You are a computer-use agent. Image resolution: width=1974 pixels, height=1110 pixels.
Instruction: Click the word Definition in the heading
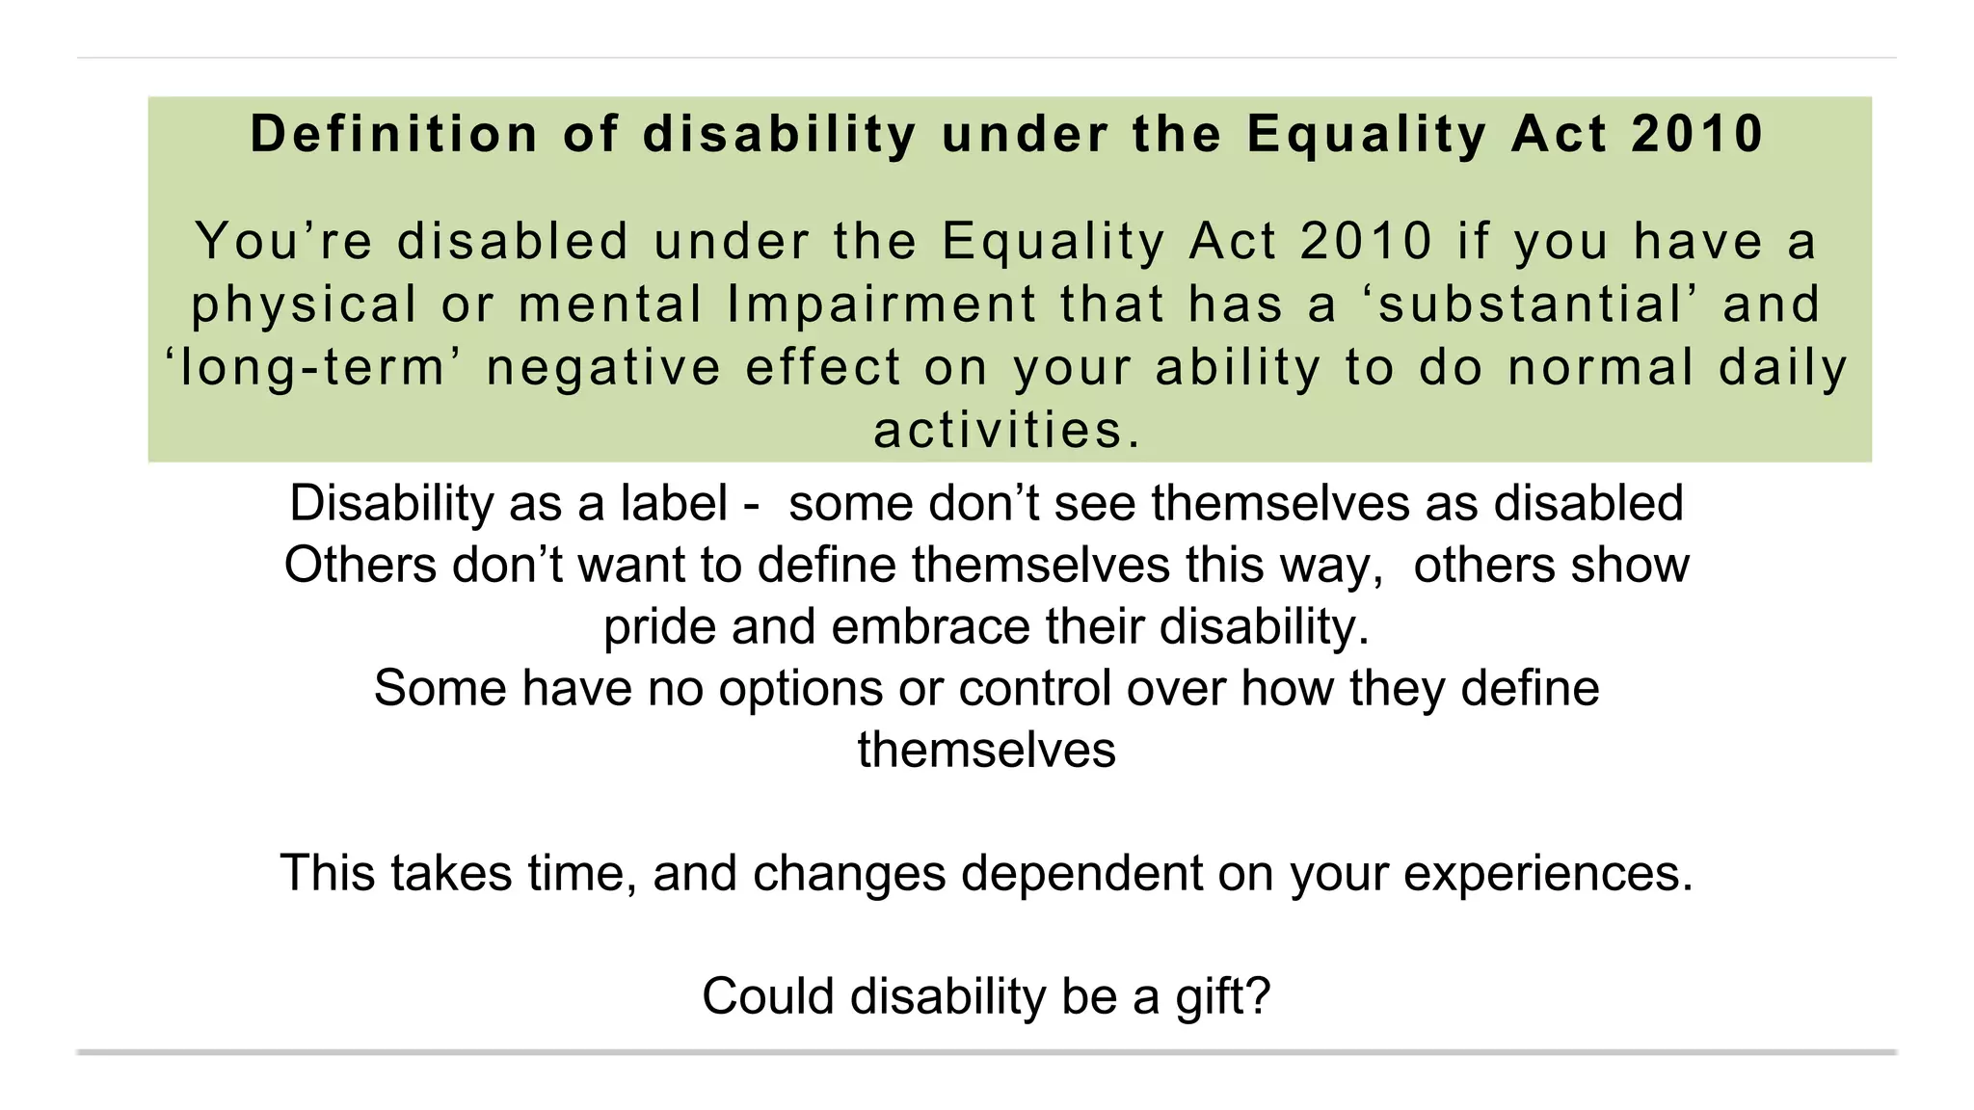pyautogui.click(x=394, y=134)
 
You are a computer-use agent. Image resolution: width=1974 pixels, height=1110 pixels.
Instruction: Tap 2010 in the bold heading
pyautogui.click(x=1697, y=134)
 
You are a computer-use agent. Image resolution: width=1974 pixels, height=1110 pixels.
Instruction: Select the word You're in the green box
pyautogui.click(x=284, y=241)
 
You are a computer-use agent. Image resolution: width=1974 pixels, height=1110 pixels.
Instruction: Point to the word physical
pyautogui.click(x=304, y=304)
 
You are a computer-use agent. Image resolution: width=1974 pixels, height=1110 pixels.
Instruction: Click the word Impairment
pyautogui.click(x=881, y=304)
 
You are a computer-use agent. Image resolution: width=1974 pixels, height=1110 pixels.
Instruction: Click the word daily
pyautogui.click(x=1783, y=368)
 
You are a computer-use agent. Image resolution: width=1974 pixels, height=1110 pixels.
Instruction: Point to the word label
pyautogui.click(x=674, y=503)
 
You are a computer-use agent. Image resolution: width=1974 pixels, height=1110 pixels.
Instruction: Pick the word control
pyautogui.click(x=1034, y=689)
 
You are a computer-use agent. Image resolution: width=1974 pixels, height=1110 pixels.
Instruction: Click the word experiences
pyautogui.click(x=1547, y=874)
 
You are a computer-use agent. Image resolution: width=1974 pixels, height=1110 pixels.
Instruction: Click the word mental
pyautogui.click(x=610, y=304)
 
